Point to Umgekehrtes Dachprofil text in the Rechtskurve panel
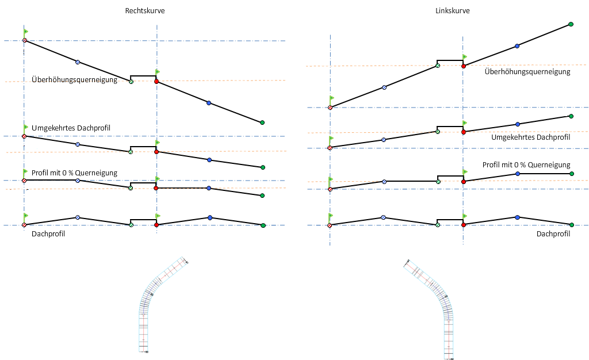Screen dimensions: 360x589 pyautogui.click(x=71, y=127)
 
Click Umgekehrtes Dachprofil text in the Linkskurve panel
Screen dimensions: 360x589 pyautogui.click(x=530, y=137)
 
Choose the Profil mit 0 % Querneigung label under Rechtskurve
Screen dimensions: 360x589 pyautogui.click(x=75, y=173)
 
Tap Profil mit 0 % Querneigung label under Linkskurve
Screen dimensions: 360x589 pyautogui.click(x=526, y=164)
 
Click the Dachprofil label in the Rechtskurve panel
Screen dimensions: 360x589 pyautogui.click(x=48, y=233)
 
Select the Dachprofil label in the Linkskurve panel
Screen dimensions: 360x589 pyautogui.click(x=553, y=233)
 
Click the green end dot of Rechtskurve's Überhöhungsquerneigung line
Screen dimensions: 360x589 pyautogui.click(x=262, y=122)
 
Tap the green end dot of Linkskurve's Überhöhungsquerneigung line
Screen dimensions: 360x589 pyautogui.click(x=571, y=24)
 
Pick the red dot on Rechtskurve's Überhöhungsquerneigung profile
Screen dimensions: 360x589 pyautogui.click(x=156, y=82)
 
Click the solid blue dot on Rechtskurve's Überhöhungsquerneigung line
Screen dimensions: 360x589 pyautogui.click(x=209, y=103)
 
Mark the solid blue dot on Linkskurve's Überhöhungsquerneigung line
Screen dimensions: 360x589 pyautogui.click(x=517, y=45)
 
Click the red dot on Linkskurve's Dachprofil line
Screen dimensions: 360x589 pyautogui.click(x=464, y=225)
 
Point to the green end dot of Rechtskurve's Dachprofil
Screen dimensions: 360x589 pyautogui.click(x=263, y=225)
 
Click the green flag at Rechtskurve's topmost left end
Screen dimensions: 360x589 pyautogui.click(x=26, y=30)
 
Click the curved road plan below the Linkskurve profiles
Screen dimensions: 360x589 pyautogui.click(x=437, y=305)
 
